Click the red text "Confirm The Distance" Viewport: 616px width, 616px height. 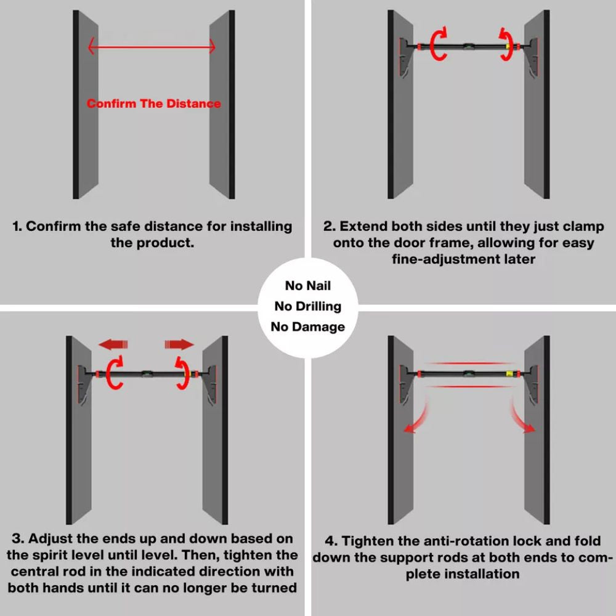coord(153,103)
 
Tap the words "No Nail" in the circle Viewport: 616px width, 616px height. coord(308,286)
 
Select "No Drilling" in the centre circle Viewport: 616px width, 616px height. coord(308,306)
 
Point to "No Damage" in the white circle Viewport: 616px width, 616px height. coord(308,326)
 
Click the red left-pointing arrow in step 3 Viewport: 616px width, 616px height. coord(113,345)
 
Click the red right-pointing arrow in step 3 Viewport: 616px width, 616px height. coord(179,345)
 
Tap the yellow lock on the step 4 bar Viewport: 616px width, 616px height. coord(510,374)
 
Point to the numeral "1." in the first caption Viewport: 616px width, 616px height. coord(17,226)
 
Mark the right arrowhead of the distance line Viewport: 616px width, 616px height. coord(213,46)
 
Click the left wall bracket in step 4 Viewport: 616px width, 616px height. coord(405,384)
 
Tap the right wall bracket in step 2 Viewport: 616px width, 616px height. coord(533,57)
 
